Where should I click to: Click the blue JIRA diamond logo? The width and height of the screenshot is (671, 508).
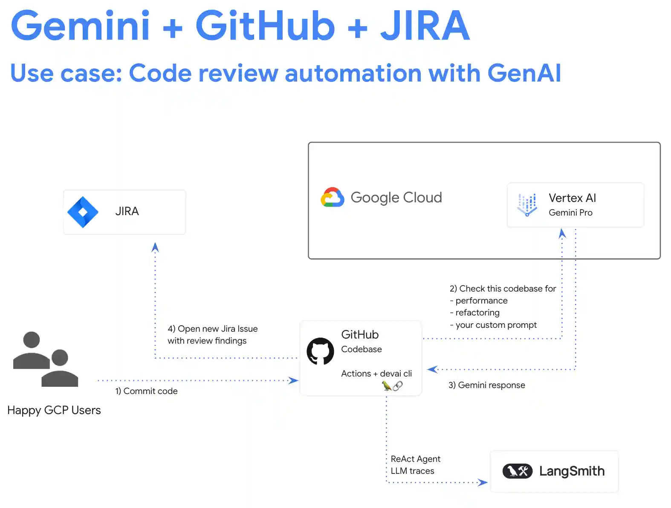pyautogui.click(x=83, y=212)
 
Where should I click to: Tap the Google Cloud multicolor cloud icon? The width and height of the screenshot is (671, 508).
pyautogui.click(x=333, y=198)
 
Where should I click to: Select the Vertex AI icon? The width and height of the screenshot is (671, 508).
pyautogui.click(x=527, y=204)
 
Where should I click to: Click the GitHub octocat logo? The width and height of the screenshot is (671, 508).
pyautogui.click(x=320, y=351)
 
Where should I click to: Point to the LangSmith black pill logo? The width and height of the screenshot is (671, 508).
pyautogui.click(x=517, y=471)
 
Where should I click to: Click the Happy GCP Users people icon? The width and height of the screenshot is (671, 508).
pyautogui.click(x=46, y=359)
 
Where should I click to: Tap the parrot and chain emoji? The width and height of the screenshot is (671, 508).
pyautogui.click(x=392, y=386)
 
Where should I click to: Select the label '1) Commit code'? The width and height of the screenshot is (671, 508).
pyautogui.click(x=146, y=391)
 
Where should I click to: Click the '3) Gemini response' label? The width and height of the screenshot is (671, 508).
pyautogui.click(x=486, y=385)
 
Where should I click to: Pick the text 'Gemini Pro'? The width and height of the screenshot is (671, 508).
pyautogui.click(x=570, y=213)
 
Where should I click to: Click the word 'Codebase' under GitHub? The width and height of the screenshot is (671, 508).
pyautogui.click(x=361, y=349)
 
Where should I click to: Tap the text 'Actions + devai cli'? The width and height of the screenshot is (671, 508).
pyautogui.click(x=376, y=374)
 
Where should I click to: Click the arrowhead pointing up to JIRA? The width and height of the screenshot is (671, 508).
pyautogui.click(x=155, y=247)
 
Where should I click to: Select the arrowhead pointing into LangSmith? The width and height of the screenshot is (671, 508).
pyautogui.click(x=483, y=482)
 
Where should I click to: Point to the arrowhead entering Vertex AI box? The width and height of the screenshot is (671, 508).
pyautogui.click(x=562, y=233)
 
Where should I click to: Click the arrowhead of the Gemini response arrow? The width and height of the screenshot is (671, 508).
pyautogui.click(x=432, y=369)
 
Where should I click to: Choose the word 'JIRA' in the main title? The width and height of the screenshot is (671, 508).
pyautogui.click(x=425, y=26)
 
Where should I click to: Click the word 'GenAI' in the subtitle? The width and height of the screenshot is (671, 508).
pyautogui.click(x=524, y=73)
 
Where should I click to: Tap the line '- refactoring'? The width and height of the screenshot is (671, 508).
pyautogui.click(x=474, y=312)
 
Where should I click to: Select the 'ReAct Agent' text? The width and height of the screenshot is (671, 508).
pyautogui.click(x=415, y=459)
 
